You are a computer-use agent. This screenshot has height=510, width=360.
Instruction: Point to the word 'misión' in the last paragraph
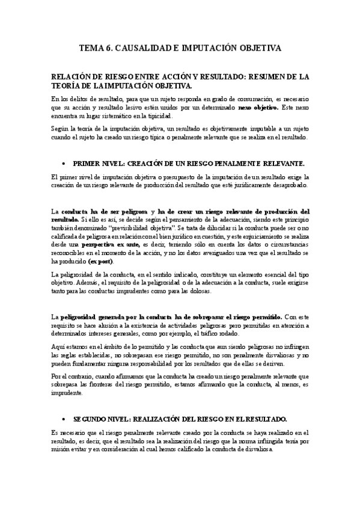tap(61, 449)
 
